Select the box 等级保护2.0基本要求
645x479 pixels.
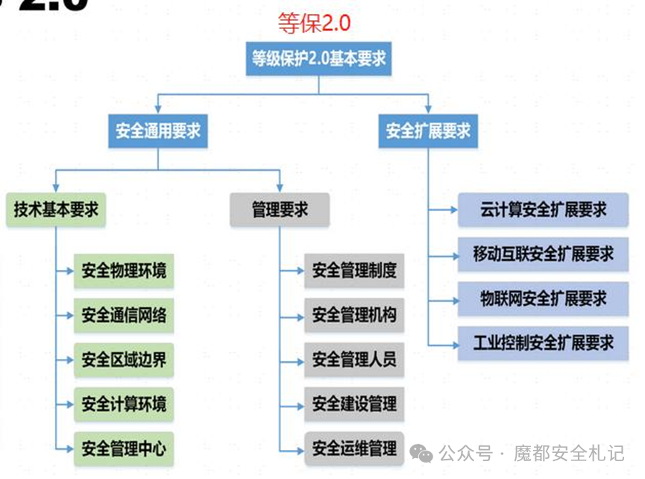point(318,58)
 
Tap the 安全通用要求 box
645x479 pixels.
point(157,131)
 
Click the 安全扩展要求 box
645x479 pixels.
point(428,131)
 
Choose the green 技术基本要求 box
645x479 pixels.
point(56,210)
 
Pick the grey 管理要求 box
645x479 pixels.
point(280,210)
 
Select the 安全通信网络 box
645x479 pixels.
point(124,316)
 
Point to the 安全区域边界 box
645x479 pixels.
point(124,360)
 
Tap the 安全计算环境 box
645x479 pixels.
point(124,405)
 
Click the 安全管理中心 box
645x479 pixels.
point(124,449)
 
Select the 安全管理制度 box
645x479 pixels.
point(354,270)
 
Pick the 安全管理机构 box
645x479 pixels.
point(354,315)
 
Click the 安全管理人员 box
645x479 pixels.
point(354,360)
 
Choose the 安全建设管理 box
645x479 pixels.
point(354,404)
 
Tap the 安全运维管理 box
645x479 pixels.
point(354,448)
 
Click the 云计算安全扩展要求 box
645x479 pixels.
point(544,210)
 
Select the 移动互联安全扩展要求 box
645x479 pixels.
point(544,254)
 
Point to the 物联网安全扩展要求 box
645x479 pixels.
point(544,298)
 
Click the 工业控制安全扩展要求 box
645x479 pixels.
point(544,342)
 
